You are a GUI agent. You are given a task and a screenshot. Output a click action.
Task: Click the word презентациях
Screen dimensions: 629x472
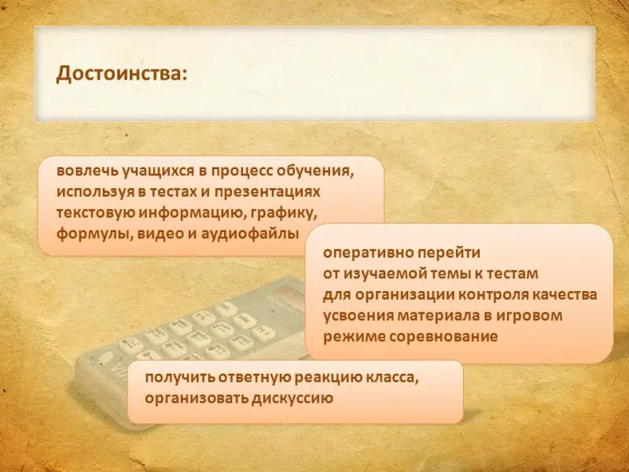(267, 192)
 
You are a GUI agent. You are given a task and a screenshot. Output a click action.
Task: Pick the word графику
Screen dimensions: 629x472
(284, 213)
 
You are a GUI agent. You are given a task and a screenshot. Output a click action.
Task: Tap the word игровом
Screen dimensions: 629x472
(529, 316)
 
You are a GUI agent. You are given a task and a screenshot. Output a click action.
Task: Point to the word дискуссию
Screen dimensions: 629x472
(292, 399)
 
